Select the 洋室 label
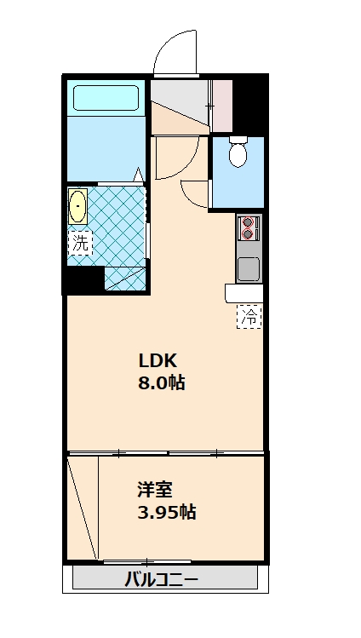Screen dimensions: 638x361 click(x=156, y=490)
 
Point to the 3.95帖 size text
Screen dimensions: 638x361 click(x=168, y=513)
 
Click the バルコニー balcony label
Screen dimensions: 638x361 click(x=162, y=581)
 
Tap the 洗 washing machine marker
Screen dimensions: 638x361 click(x=80, y=242)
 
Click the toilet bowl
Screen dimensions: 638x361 click(x=238, y=153)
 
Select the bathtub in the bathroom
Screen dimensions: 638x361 click(x=106, y=97)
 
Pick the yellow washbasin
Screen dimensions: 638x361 click(x=78, y=207)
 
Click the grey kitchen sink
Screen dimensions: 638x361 click(x=249, y=269)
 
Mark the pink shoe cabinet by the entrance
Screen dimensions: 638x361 click(x=222, y=106)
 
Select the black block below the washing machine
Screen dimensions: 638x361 click(x=83, y=279)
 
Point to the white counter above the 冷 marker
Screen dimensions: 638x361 click(x=244, y=293)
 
